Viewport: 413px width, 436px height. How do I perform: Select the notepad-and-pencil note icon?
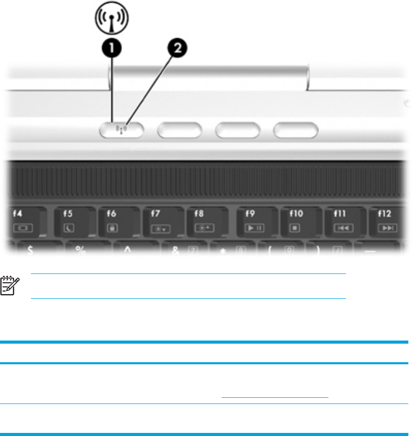[x=9, y=286]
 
